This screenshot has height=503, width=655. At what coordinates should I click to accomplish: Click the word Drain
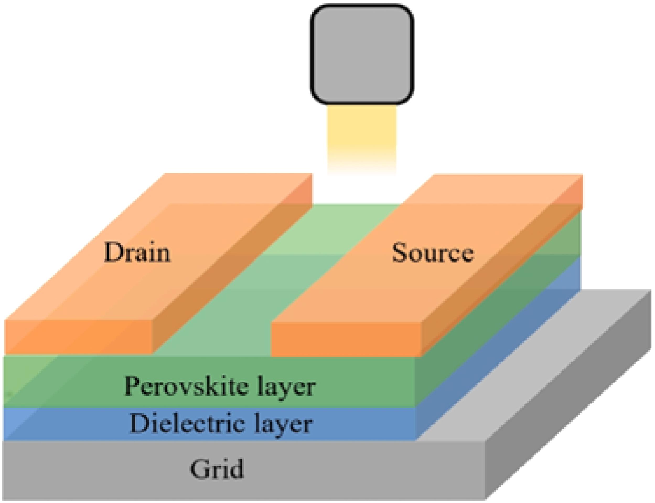[137, 253]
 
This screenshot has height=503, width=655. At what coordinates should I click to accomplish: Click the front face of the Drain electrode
[79, 337]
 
